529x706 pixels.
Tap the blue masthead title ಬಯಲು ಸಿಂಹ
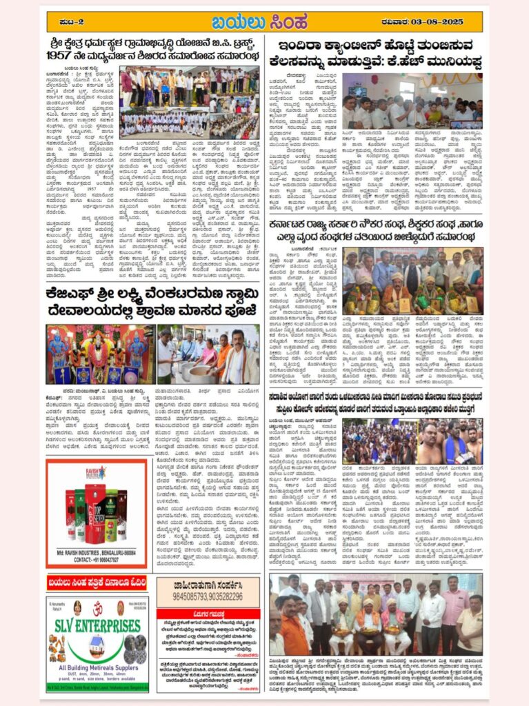263,21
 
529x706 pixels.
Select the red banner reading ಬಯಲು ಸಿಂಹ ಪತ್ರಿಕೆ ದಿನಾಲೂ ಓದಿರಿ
97,584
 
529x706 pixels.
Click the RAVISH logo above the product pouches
96,474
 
